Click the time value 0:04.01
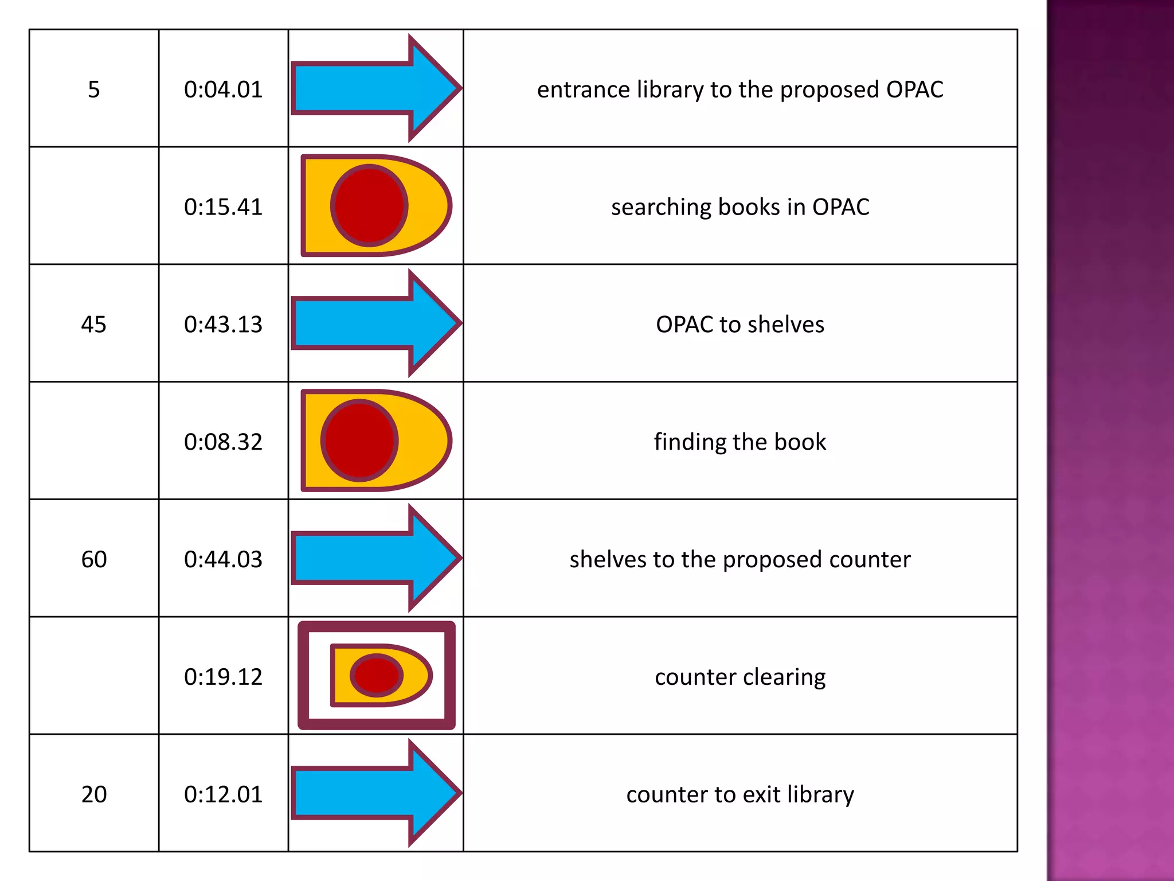(x=223, y=89)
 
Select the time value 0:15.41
(x=223, y=207)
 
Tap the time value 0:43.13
(x=223, y=325)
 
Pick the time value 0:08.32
(x=223, y=442)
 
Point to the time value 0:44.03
(x=223, y=559)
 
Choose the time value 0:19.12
(x=223, y=677)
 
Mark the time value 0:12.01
(x=223, y=794)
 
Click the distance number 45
(x=93, y=325)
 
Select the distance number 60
(x=93, y=559)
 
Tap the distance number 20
(x=93, y=794)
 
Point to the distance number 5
(x=93, y=89)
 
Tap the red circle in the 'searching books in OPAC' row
(x=369, y=205)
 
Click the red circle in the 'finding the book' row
(x=359, y=440)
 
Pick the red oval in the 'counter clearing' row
(x=376, y=675)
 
